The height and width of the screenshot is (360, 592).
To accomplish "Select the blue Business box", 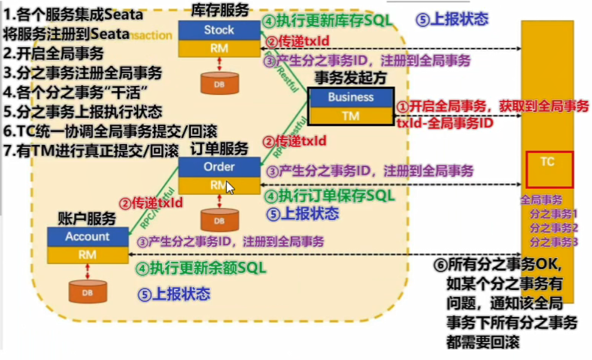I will coord(351,98).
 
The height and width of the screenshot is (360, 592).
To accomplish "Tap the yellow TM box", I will coord(351,116).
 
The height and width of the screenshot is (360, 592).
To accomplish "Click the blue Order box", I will coord(219,166).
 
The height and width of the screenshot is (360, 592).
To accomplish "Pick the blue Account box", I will coord(88,236).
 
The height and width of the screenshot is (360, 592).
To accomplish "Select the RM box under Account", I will coord(88,255).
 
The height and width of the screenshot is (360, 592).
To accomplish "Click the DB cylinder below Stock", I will coord(219,84).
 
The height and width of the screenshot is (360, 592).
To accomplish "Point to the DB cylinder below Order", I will coord(219,220).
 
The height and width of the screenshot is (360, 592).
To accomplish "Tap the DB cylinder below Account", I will coord(88,291).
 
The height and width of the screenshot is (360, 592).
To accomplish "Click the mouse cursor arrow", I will coord(230,188).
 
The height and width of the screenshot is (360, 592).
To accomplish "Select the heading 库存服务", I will coord(220,9).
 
